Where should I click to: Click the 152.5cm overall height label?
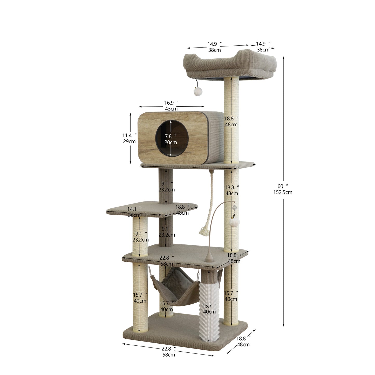[283, 192]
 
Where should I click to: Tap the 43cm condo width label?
[171, 109]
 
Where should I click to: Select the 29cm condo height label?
[129, 141]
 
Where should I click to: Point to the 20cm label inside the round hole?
[171, 142]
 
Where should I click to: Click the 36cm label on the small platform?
[134, 215]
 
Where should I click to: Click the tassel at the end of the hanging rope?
[204, 231]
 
